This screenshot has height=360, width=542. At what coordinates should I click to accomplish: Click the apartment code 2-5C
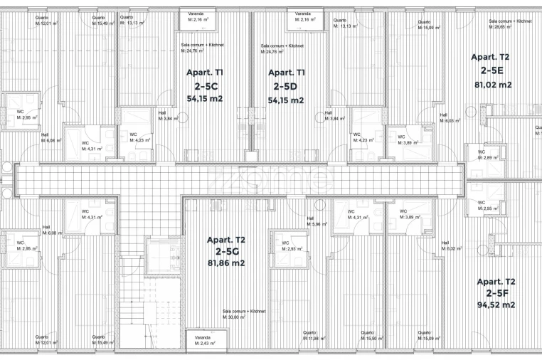pos(204,85)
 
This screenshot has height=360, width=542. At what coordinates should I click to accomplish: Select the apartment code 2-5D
pos(286,86)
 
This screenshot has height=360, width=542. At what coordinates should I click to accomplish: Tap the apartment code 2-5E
pos(491,70)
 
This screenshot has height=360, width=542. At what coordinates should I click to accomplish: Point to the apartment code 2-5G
pos(225,251)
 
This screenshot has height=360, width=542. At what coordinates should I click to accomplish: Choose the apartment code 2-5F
pos(496,292)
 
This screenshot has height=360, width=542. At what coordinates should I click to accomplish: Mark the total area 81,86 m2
pos(225,263)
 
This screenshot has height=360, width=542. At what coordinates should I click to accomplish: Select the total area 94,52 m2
pos(496,305)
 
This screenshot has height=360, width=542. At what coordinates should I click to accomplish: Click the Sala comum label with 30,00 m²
pos(244,314)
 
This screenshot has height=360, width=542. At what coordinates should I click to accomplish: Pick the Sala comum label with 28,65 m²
pos(511,23)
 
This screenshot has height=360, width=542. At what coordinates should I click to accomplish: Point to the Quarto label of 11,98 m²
pos(312,335)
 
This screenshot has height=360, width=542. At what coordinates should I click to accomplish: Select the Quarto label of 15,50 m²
pos(370,335)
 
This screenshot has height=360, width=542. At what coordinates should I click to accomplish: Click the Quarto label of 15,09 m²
pos(427,335)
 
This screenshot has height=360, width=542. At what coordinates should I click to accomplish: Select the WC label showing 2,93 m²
pos(292,247)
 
